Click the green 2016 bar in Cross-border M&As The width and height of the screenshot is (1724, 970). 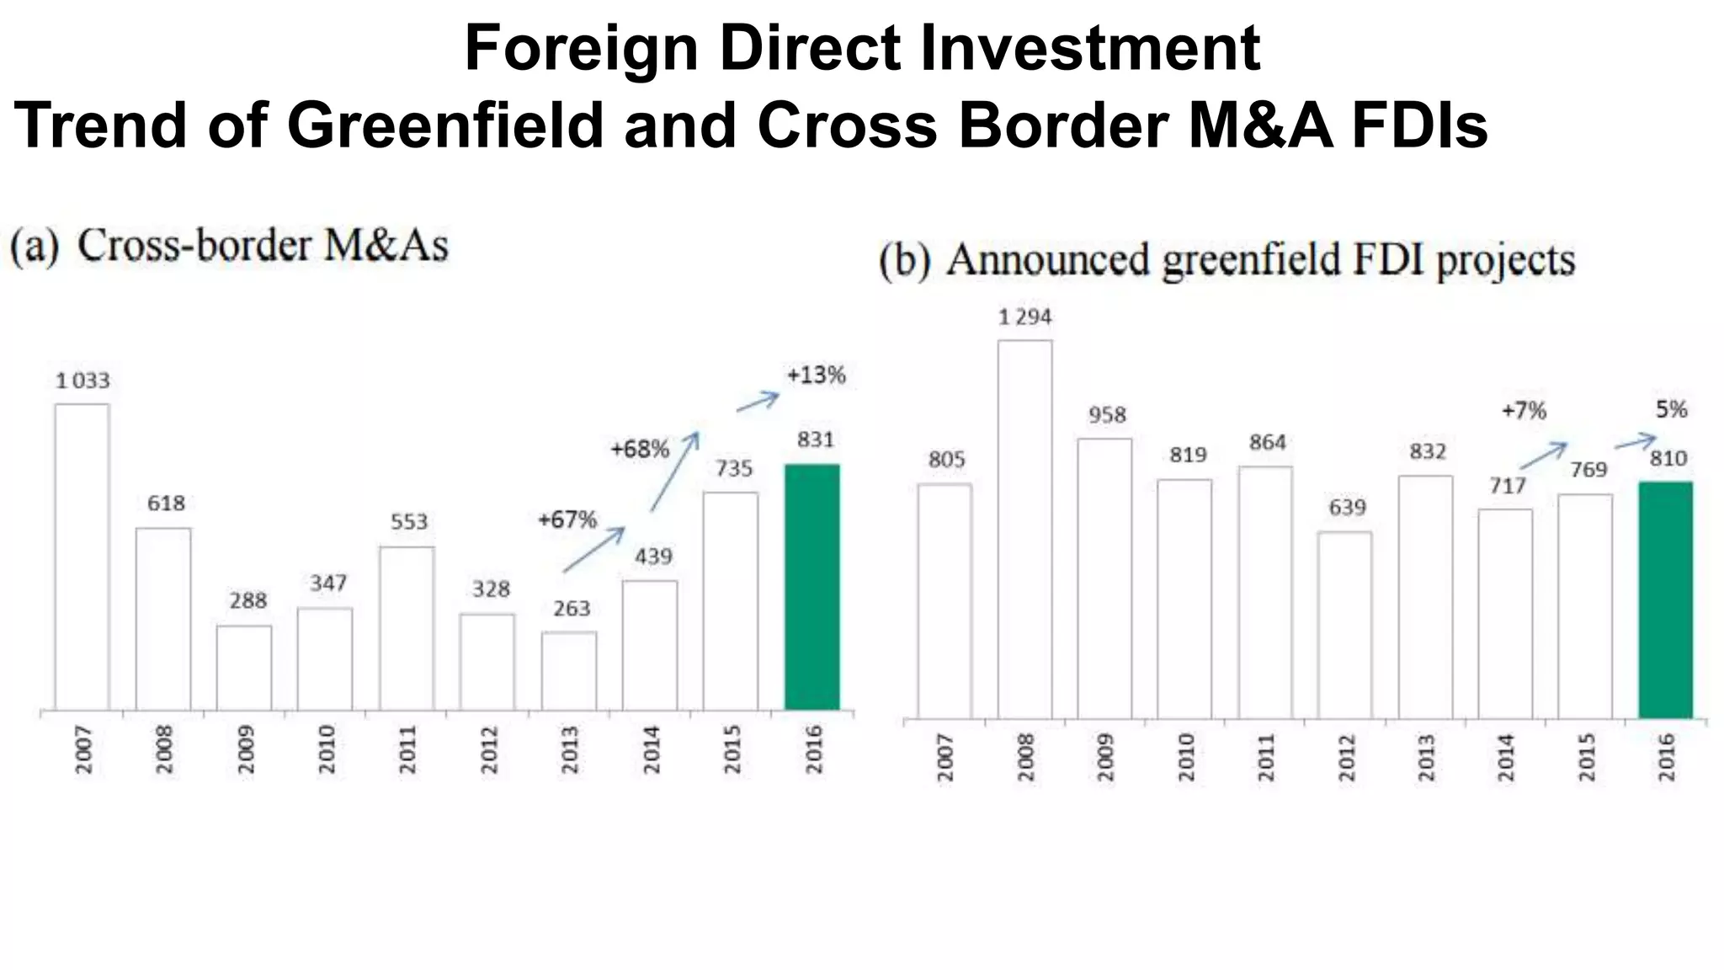pos(811,587)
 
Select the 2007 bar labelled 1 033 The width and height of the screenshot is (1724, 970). pos(82,557)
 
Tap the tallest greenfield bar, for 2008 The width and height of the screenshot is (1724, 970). pos(1024,529)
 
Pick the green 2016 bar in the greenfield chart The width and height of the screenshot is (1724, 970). pos(1665,600)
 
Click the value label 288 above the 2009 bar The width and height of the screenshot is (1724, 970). pos(247,601)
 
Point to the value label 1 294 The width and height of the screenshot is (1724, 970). pos(1024,317)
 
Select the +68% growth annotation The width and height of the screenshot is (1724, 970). pos(640,450)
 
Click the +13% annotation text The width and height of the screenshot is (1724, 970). pos(816,376)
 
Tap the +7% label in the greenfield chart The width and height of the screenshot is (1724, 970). pos(1524,411)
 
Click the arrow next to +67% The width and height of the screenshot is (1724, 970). pos(594,549)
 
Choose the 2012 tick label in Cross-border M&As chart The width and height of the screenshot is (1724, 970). pos(489,749)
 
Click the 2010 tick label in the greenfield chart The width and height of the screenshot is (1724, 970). pos(1185,757)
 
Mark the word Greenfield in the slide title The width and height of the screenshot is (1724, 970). pos(445,125)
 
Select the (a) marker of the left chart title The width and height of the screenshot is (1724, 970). pos(35,247)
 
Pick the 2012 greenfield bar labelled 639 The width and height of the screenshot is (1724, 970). pos(1344,625)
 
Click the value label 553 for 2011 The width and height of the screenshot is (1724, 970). pos(408,522)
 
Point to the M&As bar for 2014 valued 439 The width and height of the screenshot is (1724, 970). pos(650,645)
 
